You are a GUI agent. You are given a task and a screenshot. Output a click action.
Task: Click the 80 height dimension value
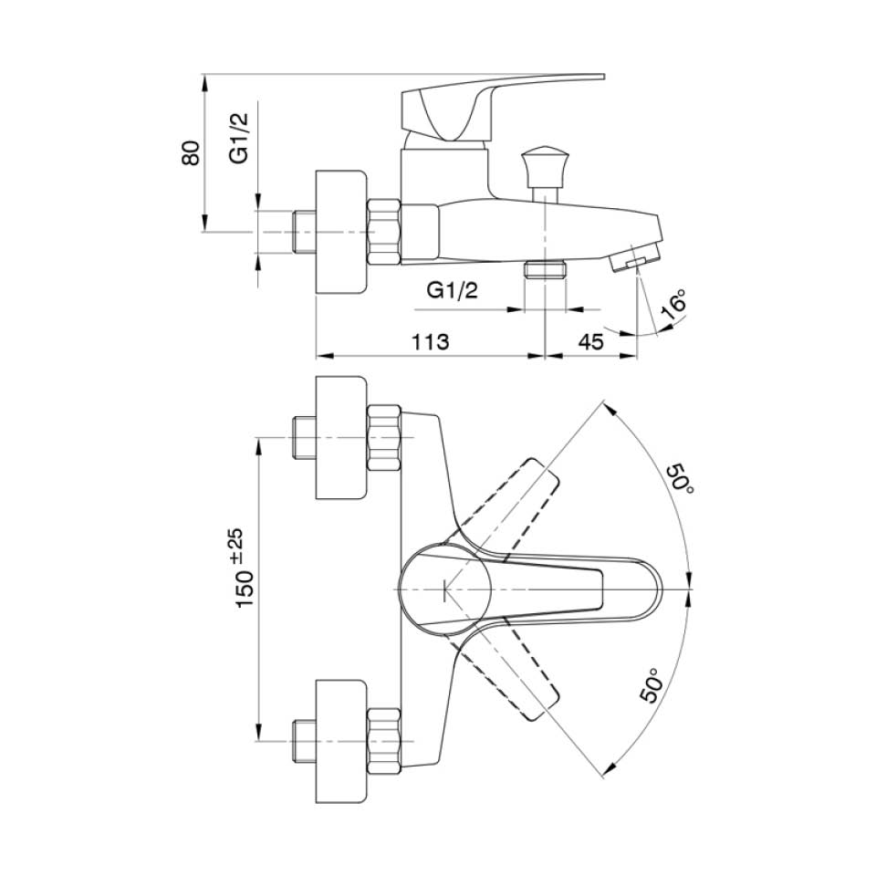pyautogui.click(x=191, y=153)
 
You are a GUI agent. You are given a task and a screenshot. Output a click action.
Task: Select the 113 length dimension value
pyautogui.click(x=430, y=341)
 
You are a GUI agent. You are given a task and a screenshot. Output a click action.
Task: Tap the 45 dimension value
pyautogui.click(x=590, y=341)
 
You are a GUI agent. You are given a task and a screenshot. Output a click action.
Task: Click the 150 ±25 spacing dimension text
pyautogui.click(x=245, y=568)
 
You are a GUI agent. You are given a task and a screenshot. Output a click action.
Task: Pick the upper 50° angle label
pyautogui.click(x=682, y=477)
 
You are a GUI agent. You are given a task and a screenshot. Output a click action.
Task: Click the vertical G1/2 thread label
pyautogui.click(x=238, y=138)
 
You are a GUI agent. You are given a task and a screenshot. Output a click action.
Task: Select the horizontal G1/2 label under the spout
pyautogui.click(x=452, y=290)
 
